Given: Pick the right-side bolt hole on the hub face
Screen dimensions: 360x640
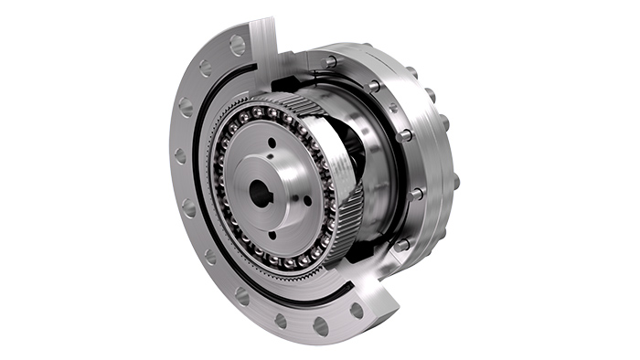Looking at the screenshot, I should coord(306,199).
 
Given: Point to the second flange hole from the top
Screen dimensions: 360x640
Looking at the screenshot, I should coord(206,68).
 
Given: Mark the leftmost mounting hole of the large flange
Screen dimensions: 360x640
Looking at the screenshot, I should coord(179,156).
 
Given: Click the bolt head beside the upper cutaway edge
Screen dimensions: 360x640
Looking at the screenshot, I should coord(330,62).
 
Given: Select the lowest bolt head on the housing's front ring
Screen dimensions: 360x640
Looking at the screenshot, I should coord(400,245).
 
